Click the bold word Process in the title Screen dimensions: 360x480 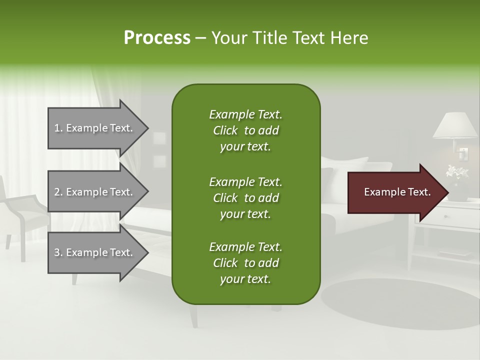pos(157,37)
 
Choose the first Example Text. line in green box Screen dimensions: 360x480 pos(245,114)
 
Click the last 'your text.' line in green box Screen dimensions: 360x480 pos(245,279)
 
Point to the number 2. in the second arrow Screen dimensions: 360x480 pos(58,192)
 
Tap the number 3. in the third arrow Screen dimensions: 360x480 pos(58,252)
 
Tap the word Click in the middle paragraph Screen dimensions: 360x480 pos(225,198)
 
